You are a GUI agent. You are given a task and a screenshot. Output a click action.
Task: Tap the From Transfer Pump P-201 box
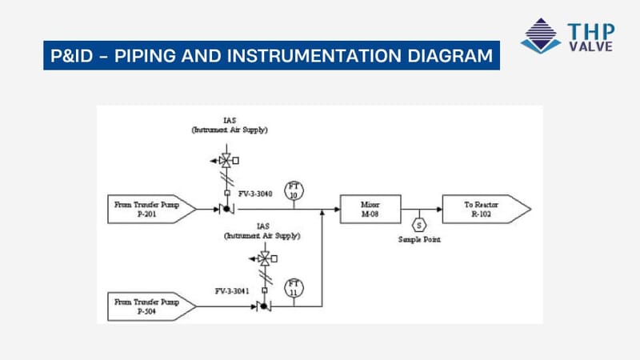150,210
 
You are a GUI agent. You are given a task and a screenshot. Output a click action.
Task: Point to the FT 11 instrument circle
294,288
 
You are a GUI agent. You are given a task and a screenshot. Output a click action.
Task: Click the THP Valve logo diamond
541,35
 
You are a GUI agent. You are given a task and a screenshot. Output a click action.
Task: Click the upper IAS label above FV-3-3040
230,120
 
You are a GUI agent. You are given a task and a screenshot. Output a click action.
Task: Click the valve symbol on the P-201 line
223,210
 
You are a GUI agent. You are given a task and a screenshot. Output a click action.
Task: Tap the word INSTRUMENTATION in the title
314,58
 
